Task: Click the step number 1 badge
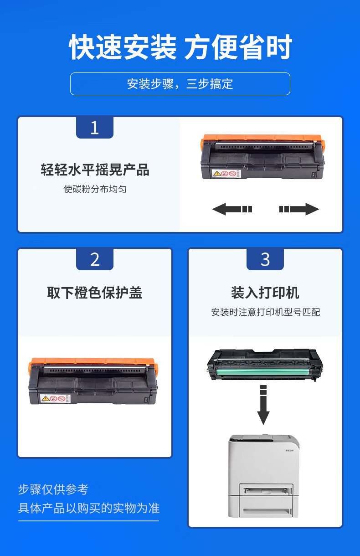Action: [x=95, y=128]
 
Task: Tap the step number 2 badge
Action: [x=95, y=259]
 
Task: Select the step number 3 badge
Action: [x=265, y=259]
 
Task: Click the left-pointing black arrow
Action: [x=232, y=209]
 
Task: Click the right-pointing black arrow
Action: [x=299, y=209]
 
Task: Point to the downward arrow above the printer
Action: [x=263, y=405]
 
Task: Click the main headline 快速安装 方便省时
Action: [x=180, y=47]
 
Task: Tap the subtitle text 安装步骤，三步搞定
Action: [x=180, y=84]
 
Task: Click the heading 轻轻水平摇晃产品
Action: [x=95, y=170]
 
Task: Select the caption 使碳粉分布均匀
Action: [x=95, y=189]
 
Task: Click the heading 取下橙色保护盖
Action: [x=95, y=293]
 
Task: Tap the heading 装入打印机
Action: [x=265, y=293]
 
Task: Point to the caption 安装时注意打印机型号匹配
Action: [x=265, y=312]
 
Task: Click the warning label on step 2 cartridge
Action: [x=55, y=399]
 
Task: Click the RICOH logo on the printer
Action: [x=290, y=450]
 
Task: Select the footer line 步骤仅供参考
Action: [x=53, y=489]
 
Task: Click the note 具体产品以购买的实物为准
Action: [x=89, y=508]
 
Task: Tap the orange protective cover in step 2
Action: [x=93, y=362]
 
